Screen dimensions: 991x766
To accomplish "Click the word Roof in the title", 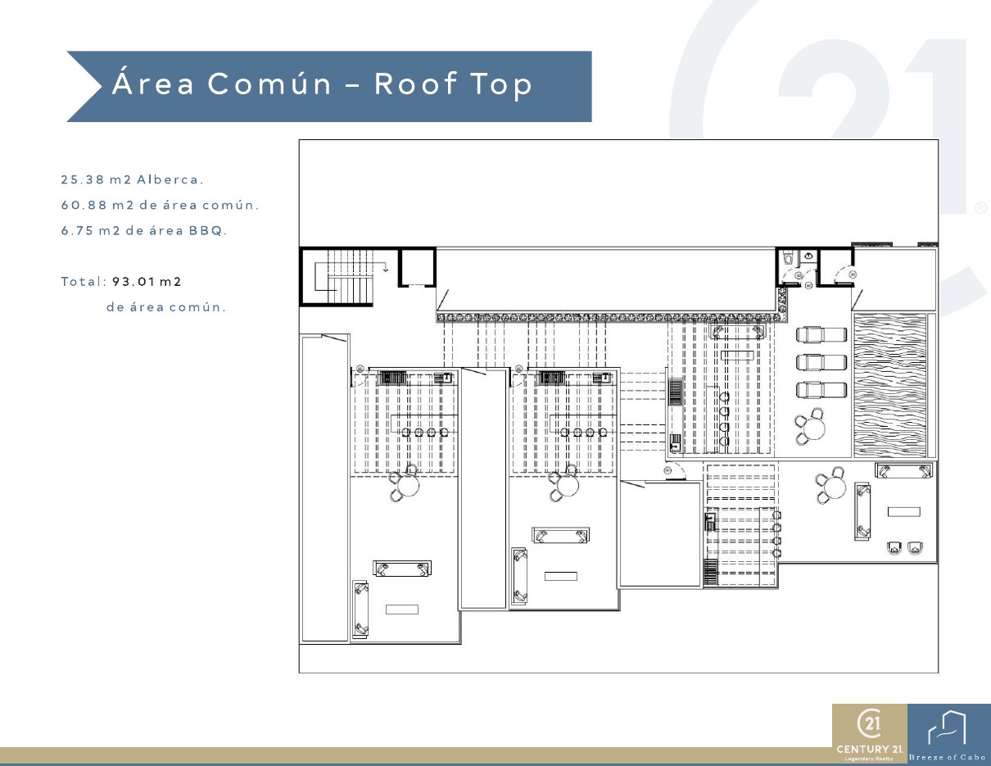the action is coord(415,84).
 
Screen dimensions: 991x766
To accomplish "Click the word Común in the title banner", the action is coord(269,83).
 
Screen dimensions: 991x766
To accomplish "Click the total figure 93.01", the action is coord(133,282).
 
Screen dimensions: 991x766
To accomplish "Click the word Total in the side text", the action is coord(82,282).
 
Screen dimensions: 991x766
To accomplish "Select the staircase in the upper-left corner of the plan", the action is coord(345,276).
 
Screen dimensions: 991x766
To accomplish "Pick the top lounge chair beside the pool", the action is coord(821,334).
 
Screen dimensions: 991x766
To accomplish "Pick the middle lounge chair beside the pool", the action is coord(821,362).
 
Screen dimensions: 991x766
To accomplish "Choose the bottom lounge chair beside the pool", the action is coord(821,390).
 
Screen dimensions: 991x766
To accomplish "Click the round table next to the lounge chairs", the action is coord(813,428).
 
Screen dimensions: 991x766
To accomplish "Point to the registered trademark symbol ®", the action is coord(980,208).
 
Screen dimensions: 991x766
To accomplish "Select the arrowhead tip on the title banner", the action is coord(102,86).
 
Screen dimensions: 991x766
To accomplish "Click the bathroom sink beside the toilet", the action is coord(808,256).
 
